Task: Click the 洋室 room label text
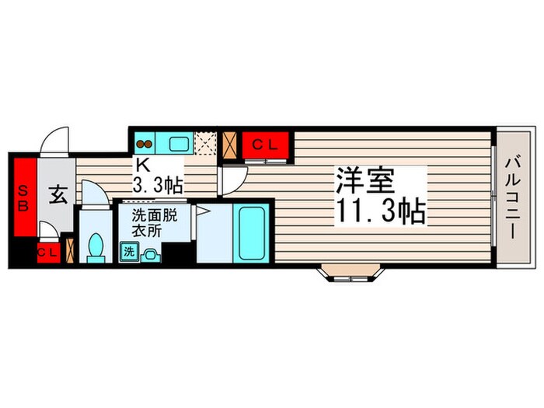point(366,181)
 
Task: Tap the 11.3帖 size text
point(380,211)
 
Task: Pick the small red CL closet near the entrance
point(47,252)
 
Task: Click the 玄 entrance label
point(58,195)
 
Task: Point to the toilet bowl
point(96,247)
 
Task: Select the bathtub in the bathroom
point(253,232)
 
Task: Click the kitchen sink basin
point(177,143)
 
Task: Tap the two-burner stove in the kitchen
point(145,143)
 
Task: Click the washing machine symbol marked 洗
point(127,251)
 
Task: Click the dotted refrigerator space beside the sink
point(206,144)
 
